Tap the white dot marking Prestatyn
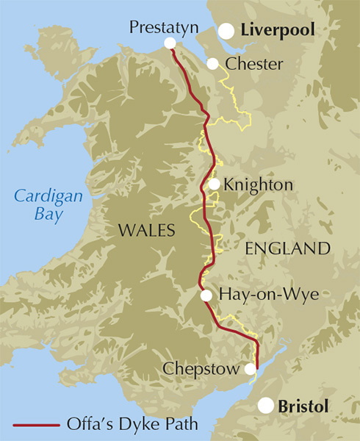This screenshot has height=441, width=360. pyautogui.click(x=170, y=43)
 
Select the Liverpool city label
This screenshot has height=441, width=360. pyautogui.click(x=278, y=31)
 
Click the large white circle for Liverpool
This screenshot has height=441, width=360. pyautogui.click(x=226, y=31)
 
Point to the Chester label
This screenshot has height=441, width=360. pyautogui.click(x=254, y=65)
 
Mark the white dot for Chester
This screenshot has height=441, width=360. pyautogui.click(x=212, y=64)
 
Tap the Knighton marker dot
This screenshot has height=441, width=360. pyautogui.click(x=214, y=184)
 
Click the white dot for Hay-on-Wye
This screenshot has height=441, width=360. pyautogui.click(x=206, y=295)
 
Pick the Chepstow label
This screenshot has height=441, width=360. pyautogui.click(x=204, y=368)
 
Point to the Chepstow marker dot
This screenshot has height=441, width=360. pyautogui.click(x=251, y=369)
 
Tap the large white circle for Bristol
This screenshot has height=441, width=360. pyautogui.click(x=266, y=406)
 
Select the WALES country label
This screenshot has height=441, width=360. pyautogui.click(x=147, y=231)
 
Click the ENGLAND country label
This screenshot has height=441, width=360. pyautogui.click(x=287, y=248)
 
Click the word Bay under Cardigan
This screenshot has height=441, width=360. pyautogui.click(x=48, y=215)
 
